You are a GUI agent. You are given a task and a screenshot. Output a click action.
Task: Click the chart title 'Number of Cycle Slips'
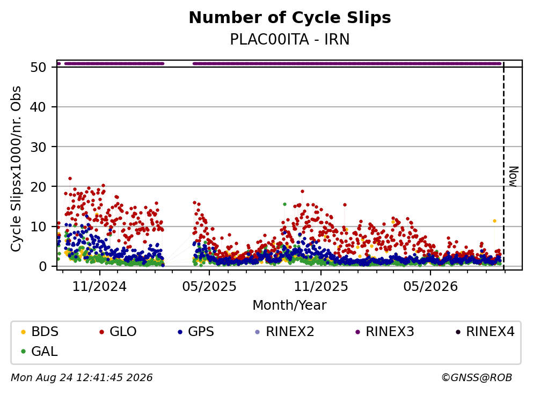(290, 18)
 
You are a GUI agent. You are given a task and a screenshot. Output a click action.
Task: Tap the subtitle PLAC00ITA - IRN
(290, 39)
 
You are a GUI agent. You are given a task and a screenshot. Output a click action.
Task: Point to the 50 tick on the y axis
(39, 67)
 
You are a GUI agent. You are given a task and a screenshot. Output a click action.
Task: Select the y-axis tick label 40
(39, 107)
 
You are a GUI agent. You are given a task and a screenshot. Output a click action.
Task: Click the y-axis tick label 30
(39, 147)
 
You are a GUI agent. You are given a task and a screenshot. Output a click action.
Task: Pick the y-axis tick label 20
(39, 187)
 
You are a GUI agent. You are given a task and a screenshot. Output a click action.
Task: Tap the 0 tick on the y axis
(42, 266)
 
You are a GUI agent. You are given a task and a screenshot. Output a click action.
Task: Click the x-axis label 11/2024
(100, 287)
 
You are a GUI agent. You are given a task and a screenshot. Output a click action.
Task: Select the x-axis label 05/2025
(209, 287)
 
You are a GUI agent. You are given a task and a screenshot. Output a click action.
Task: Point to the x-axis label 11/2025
(321, 287)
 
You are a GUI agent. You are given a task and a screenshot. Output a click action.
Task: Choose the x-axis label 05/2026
(430, 287)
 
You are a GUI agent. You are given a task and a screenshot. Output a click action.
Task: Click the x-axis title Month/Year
(290, 305)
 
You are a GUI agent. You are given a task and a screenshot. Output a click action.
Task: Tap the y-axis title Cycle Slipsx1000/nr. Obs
(16, 169)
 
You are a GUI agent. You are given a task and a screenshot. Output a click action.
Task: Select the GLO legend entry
(118, 331)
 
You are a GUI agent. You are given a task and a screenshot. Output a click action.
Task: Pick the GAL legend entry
(39, 351)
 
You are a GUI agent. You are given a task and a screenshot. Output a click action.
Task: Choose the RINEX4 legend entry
(485, 331)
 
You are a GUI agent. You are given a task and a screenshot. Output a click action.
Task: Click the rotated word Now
(513, 177)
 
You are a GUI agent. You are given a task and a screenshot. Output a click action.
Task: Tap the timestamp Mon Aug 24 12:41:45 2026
(82, 378)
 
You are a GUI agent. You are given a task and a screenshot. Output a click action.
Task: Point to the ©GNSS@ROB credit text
(477, 378)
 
